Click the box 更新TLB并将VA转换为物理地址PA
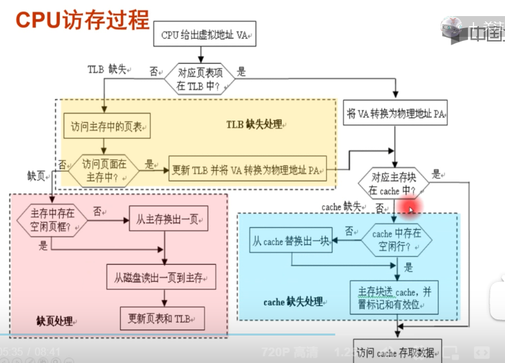point(247,170)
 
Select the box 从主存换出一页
point(168,218)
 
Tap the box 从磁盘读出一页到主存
point(161,276)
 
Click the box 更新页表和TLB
point(162,318)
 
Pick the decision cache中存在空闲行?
point(396,240)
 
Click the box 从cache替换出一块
point(291,242)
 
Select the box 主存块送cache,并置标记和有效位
point(394,298)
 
